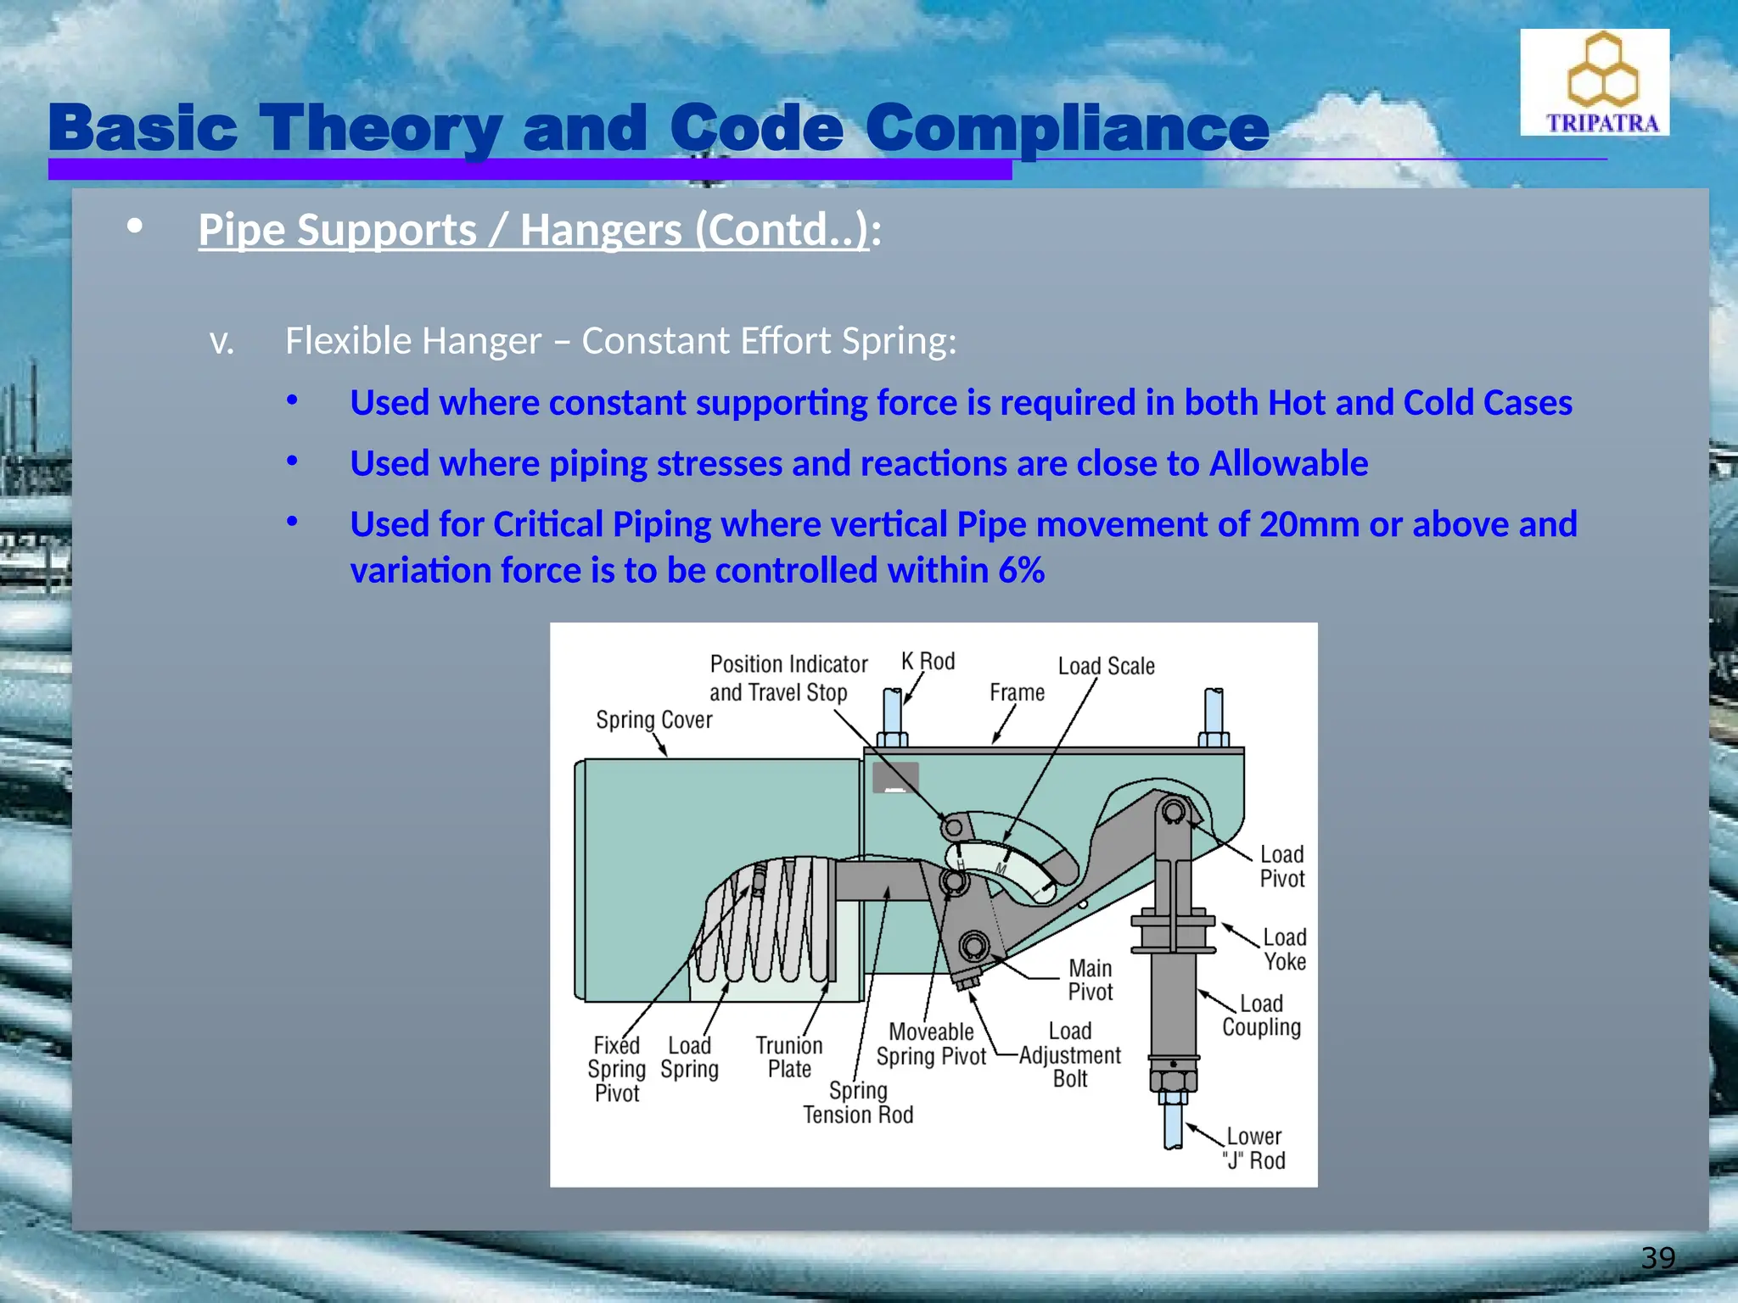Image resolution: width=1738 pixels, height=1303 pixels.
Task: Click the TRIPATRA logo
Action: (1594, 83)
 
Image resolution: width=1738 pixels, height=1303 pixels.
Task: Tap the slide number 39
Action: (1657, 1257)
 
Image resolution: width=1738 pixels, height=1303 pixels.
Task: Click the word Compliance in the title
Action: (1067, 129)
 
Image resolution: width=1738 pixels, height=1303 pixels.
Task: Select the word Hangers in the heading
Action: (601, 230)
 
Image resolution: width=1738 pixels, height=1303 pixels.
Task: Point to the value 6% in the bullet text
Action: (1021, 571)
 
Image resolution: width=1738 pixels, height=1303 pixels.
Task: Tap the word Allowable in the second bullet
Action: (1288, 464)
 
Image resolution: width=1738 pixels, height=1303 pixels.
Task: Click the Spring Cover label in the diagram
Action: (653, 720)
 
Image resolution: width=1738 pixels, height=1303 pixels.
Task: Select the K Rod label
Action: (928, 662)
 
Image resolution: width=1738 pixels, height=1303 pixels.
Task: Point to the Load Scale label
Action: (1106, 667)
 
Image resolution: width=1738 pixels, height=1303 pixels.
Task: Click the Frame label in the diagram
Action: (1017, 693)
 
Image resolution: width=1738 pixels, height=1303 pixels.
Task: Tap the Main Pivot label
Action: (1090, 980)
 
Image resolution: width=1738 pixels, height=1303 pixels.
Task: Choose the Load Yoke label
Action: (1284, 949)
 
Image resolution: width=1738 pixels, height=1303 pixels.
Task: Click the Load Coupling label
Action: (1261, 1015)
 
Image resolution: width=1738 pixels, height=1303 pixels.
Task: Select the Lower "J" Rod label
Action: (1253, 1149)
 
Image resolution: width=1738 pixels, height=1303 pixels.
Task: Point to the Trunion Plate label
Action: (789, 1057)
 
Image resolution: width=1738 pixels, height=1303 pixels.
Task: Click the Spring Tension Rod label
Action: (858, 1103)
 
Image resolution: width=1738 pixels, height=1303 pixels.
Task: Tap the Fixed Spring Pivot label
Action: (616, 1069)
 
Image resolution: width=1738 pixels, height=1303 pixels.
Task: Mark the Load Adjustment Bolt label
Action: (1069, 1055)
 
